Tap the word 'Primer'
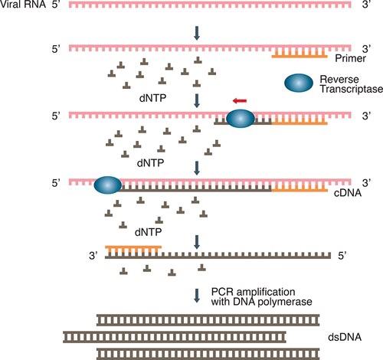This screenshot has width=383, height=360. (347, 57)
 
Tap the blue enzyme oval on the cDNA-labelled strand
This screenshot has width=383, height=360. (108, 185)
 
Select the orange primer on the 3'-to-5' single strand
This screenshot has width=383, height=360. (133, 249)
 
